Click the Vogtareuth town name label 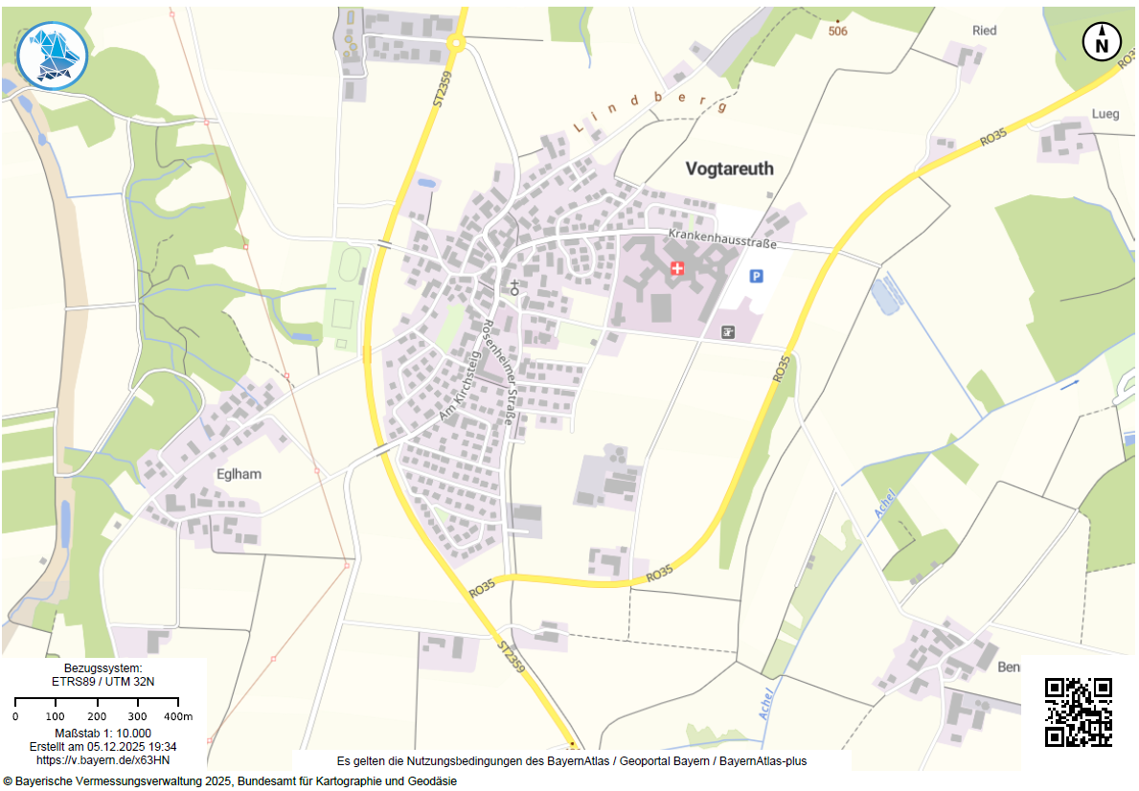729,169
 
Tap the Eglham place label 239,474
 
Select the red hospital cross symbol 677,268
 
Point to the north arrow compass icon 1102,42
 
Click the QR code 1078,712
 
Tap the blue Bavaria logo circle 53,56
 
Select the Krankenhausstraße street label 721,239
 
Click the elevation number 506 838,31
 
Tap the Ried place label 984,31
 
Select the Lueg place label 1105,114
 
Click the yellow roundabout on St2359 455,41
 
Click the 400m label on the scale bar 179,716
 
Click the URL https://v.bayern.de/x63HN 103,759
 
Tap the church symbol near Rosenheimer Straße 514,286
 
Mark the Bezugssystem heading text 103,667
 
